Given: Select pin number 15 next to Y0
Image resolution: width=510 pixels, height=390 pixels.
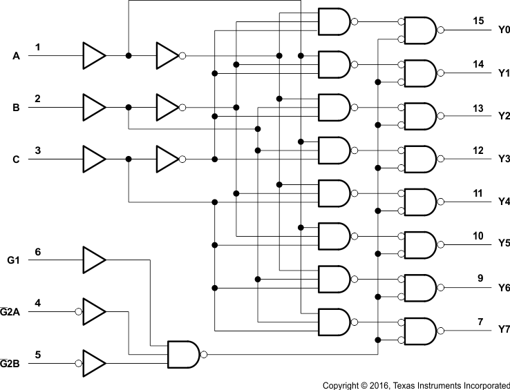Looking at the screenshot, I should pyautogui.click(x=478, y=21).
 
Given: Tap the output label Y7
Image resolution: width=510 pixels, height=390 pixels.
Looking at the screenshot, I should pyautogui.click(x=504, y=330).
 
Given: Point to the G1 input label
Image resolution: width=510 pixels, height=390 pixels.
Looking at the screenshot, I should pyautogui.click(x=13, y=260).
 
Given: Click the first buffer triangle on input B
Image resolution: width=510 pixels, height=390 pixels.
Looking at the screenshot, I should pyautogui.click(x=94, y=108).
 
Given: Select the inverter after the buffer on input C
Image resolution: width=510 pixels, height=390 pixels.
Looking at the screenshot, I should pyautogui.click(x=168, y=159).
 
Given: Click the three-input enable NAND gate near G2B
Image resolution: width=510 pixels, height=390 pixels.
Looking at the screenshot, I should pyautogui.click(x=184, y=354).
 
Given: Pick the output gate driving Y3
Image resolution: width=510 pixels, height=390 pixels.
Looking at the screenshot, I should pyautogui.click(x=419, y=159).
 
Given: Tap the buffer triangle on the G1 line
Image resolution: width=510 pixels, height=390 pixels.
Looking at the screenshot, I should pyautogui.click(x=94, y=260).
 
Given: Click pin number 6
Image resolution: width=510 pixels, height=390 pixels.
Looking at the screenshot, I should pyautogui.click(x=38, y=251).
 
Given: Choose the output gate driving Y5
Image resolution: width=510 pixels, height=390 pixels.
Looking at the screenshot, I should pyautogui.click(x=419, y=244).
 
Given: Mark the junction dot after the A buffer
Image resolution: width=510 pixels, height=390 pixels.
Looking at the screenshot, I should pyautogui.click(x=129, y=56).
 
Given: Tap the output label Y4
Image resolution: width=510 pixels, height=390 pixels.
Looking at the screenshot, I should pyautogui.click(x=504, y=202).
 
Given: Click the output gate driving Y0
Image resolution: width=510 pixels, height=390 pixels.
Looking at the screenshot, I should pyautogui.click(x=419, y=30).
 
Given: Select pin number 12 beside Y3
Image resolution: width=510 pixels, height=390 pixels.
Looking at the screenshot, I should pyautogui.click(x=478, y=150).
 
